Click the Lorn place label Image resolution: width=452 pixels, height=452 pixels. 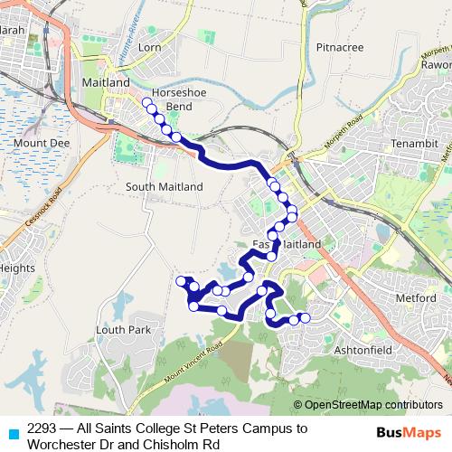pyautogui.click(x=149, y=45)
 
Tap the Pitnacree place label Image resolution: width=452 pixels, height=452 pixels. pyautogui.click(x=340, y=46)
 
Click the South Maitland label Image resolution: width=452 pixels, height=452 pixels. pyautogui.click(x=165, y=186)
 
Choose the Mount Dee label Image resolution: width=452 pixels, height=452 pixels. pyautogui.click(x=35, y=142)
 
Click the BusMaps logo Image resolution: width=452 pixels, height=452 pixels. pyautogui.click(x=408, y=433)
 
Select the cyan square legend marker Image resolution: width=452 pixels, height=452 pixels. pyautogui.click(x=12, y=433)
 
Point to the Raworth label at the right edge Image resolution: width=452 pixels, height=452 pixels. pyautogui.click(x=437, y=65)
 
